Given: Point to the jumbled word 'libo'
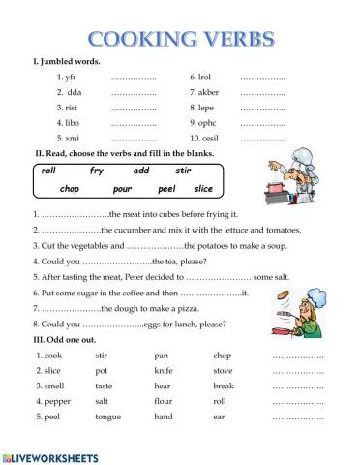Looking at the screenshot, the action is pos(74,123).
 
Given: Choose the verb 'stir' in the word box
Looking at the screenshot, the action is pos(183,170).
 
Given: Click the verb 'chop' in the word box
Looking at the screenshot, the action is pos(69,188).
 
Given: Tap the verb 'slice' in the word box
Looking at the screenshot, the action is pos(202,188).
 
